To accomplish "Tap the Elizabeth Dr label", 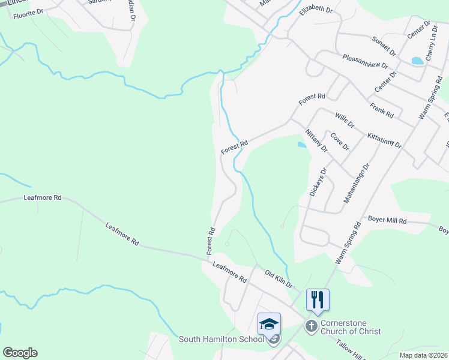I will [x=316, y=10].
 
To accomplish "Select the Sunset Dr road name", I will [x=384, y=46].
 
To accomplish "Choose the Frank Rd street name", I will [x=381, y=110].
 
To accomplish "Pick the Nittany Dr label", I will [x=316, y=140].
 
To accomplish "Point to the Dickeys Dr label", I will [x=318, y=182].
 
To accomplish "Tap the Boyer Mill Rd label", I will [x=387, y=221].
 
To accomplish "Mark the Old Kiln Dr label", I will [x=278, y=278].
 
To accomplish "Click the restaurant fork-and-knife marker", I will [x=318, y=299].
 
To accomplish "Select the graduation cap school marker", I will [x=270, y=323].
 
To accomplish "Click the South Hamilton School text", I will [x=221, y=340].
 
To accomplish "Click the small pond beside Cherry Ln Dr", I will [x=416, y=61].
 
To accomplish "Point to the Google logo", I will [x=20, y=353].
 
